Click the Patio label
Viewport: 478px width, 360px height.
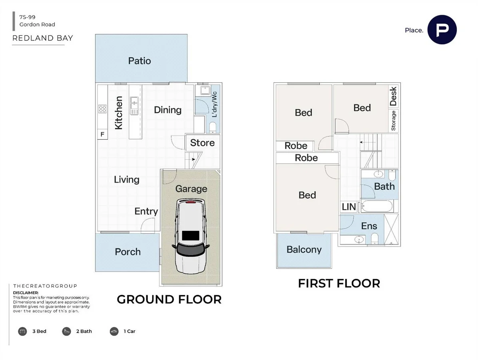(x=139, y=61)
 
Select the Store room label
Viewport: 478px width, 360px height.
(x=202, y=143)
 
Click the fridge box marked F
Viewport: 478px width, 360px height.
(x=102, y=134)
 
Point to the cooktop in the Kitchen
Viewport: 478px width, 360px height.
(x=102, y=109)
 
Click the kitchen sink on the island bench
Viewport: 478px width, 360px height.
(x=134, y=106)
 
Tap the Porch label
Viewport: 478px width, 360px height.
(x=128, y=252)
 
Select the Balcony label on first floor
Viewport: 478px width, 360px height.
(x=304, y=250)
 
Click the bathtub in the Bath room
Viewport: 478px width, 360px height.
(x=377, y=206)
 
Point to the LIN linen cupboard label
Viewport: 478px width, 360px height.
(x=349, y=207)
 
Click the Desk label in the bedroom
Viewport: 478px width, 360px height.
(x=393, y=96)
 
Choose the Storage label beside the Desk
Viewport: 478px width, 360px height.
(x=393, y=120)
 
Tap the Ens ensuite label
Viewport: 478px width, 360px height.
(x=369, y=226)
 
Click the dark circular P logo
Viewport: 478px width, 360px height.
(x=442, y=30)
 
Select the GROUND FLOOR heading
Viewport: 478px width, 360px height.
(x=169, y=300)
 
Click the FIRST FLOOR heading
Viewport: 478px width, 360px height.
(x=339, y=284)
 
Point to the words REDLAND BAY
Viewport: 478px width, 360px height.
(x=43, y=38)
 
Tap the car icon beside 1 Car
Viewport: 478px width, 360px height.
(x=114, y=331)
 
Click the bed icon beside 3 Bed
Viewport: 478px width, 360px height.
(x=22, y=331)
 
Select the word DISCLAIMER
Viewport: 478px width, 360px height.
(x=26, y=293)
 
